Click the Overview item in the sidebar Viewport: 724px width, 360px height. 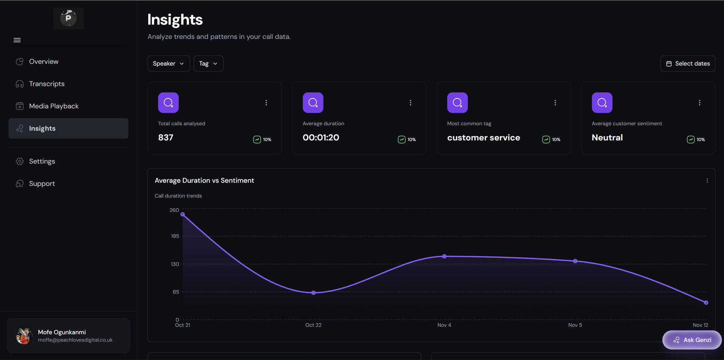coord(43,61)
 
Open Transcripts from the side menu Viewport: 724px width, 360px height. coord(46,84)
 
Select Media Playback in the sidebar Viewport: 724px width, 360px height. coord(54,106)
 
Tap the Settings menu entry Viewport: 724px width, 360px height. coord(42,161)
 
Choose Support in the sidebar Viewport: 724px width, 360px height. coord(41,184)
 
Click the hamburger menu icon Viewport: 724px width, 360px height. coord(17,40)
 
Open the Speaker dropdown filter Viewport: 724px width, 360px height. coord(168,63)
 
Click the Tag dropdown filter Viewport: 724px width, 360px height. coord(208,63)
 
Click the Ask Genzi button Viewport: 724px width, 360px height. coord(692,340)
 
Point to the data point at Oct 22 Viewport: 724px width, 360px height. coord(313,293)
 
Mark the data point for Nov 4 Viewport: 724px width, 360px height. coord(444,256)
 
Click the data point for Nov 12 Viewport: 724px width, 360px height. coord(706,302)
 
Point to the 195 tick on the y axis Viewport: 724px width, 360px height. coord(175,236)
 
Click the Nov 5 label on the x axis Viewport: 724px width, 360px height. coord(575,325)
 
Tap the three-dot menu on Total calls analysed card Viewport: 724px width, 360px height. coord(266,103)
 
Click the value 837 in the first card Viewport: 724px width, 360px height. coord(166,138)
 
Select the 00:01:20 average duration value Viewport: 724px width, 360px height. coord(321,138)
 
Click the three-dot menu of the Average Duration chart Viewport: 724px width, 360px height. coord(707,181)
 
